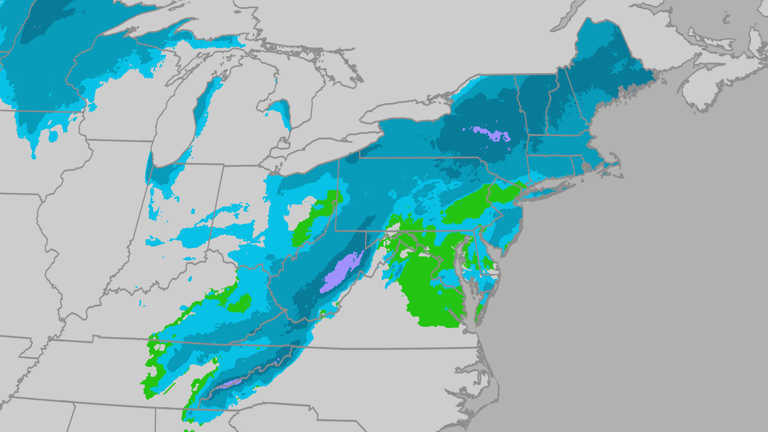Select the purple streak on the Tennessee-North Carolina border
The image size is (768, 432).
[226, 384]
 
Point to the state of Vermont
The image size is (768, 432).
[534, 104]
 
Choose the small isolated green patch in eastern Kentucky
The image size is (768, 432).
[240, 304]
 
